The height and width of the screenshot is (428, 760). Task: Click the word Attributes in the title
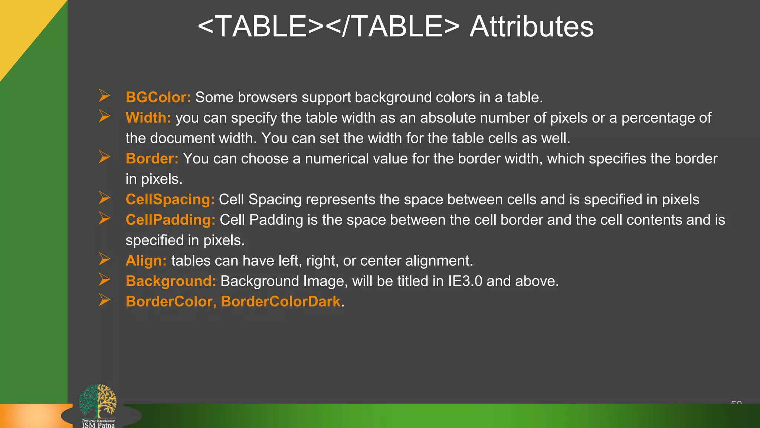coord(531,27)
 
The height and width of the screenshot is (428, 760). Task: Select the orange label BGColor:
coord(158,97)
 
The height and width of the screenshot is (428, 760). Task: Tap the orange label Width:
coord(148,118)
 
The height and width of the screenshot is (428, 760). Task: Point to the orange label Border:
coord(152,159)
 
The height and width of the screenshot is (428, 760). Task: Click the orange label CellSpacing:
coord(170,200)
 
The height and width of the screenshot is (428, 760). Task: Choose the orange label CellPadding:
coord(170,220)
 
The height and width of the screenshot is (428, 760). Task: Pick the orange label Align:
coord(146,261)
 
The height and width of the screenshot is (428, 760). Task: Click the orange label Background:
coord(171,281)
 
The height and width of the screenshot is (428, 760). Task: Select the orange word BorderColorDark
coord(281,301)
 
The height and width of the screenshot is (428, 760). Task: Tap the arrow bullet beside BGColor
coord(105,96)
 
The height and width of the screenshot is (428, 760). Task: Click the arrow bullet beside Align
coord(105,259)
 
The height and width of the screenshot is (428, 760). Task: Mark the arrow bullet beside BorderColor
coord(105,300)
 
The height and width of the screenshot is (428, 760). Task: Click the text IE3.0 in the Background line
coord(465,281)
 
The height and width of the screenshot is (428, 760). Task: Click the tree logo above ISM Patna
coord(98,401)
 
